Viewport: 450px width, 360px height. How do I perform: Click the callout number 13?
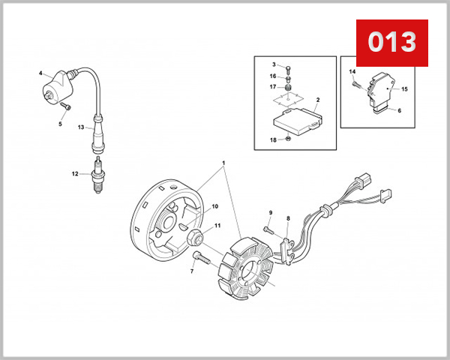tap(81, 127)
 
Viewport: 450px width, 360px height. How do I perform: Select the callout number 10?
tap(214, 206)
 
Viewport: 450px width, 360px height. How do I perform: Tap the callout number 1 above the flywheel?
tap(223, 163)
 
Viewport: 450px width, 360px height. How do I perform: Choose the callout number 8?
tap(288, 219)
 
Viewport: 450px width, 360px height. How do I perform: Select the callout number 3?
tap(274, 65)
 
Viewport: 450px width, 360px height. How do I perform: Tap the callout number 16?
tap(274, 76)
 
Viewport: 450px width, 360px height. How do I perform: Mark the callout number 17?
tap(274, 87)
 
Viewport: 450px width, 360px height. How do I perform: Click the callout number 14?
tap(351, 72)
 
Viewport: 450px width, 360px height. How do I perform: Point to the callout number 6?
tap(399, 111)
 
